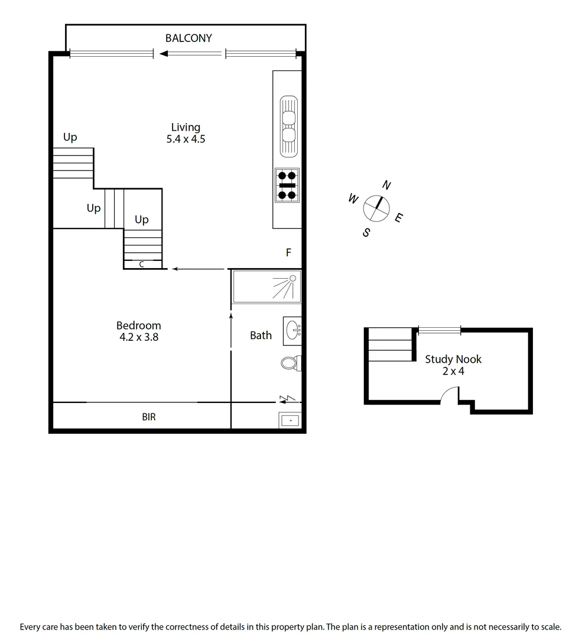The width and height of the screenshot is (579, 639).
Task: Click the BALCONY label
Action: (x=188, y=38)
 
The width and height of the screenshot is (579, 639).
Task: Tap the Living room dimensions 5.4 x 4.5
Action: (x=186, y=140)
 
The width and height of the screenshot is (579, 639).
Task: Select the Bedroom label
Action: (x=138, y=325)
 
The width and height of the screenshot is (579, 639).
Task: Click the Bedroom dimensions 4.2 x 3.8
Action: (x=138, y=338)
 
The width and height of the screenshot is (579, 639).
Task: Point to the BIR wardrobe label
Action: (x=149, y=417)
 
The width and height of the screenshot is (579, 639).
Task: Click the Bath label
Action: (x=261, y=335)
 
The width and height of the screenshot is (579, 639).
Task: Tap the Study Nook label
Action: (x=453, y=359)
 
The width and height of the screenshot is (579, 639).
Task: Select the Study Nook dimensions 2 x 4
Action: (x=453, y=372)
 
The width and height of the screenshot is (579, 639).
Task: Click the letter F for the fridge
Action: (x=289, y=253)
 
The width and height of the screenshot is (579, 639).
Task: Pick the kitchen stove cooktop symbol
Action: (x=288, y=185)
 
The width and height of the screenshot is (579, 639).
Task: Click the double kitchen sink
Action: (x=288, y=127)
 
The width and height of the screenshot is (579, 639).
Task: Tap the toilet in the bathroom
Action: (x=290, y=363)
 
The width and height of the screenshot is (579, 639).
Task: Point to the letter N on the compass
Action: (x=386, y=185)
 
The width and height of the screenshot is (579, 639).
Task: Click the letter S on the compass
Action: (x=366, y=233)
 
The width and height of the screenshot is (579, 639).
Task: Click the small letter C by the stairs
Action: (x=142, y=264)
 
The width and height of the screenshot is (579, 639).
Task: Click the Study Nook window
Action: (x=439, y=330)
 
